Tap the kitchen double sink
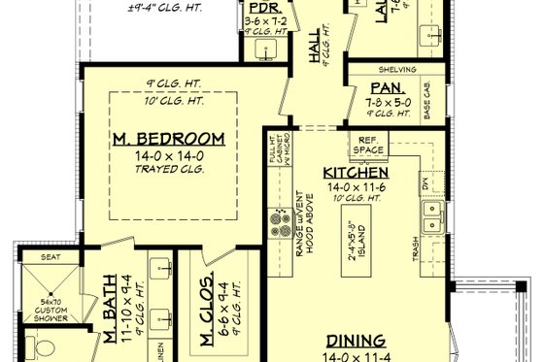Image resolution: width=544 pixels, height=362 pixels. [432, 218]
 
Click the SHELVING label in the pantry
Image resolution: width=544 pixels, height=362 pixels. [398, 70]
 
